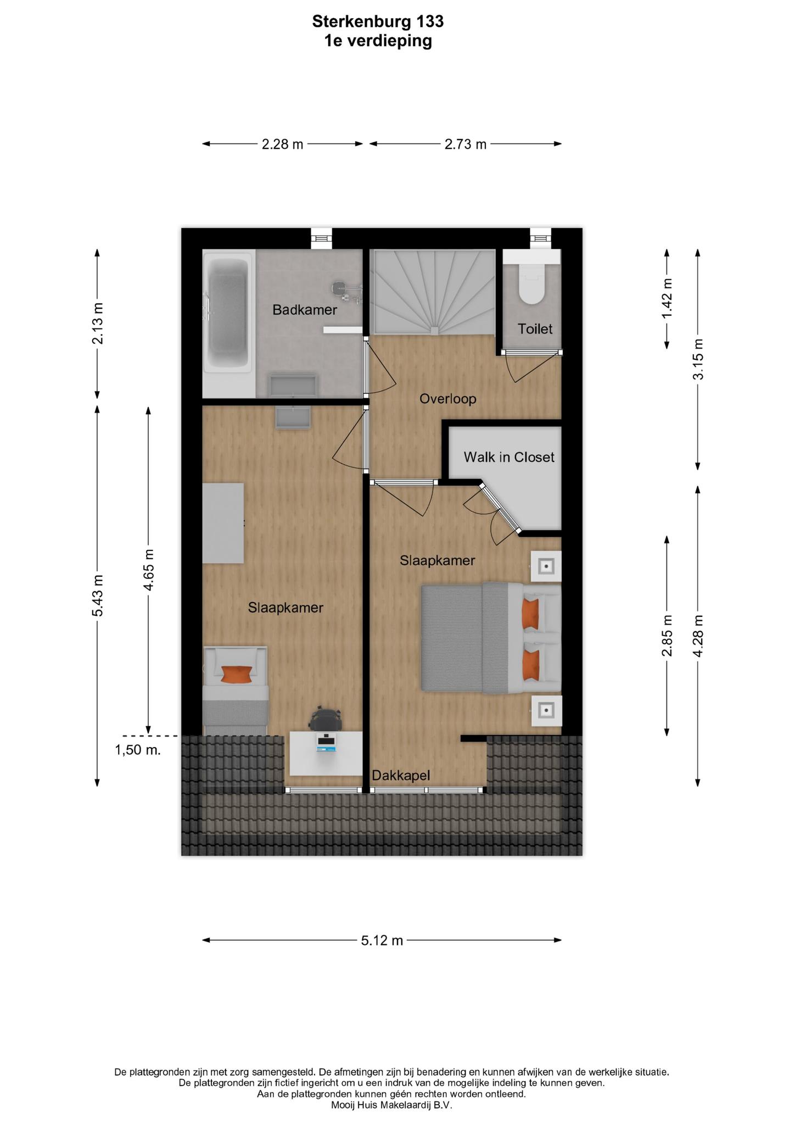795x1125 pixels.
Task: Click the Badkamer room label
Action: click(x=305, y=310)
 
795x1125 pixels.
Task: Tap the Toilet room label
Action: click(x=535, y=329)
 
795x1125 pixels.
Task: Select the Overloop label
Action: click(x=447, y=399)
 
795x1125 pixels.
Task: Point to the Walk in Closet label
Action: click(x=509, y=457)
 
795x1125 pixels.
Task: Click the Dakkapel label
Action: click(x=401, y=775)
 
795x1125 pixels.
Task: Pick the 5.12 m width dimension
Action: click(x=382, y=940)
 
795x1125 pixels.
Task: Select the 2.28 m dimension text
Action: click(x=282, y=144)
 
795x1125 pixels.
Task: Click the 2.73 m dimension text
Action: click(x=466, y=144)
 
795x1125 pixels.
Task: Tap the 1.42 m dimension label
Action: click(x=667, y=298)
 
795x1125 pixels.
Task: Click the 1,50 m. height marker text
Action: click(x=138, y=750)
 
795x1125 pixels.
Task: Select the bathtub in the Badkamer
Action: click(x=227, y=311)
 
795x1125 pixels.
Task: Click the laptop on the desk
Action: click(x=326, y=742)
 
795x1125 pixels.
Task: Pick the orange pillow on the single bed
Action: click(x=237, y=674)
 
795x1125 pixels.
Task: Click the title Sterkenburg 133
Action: click(x=378, y=21)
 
